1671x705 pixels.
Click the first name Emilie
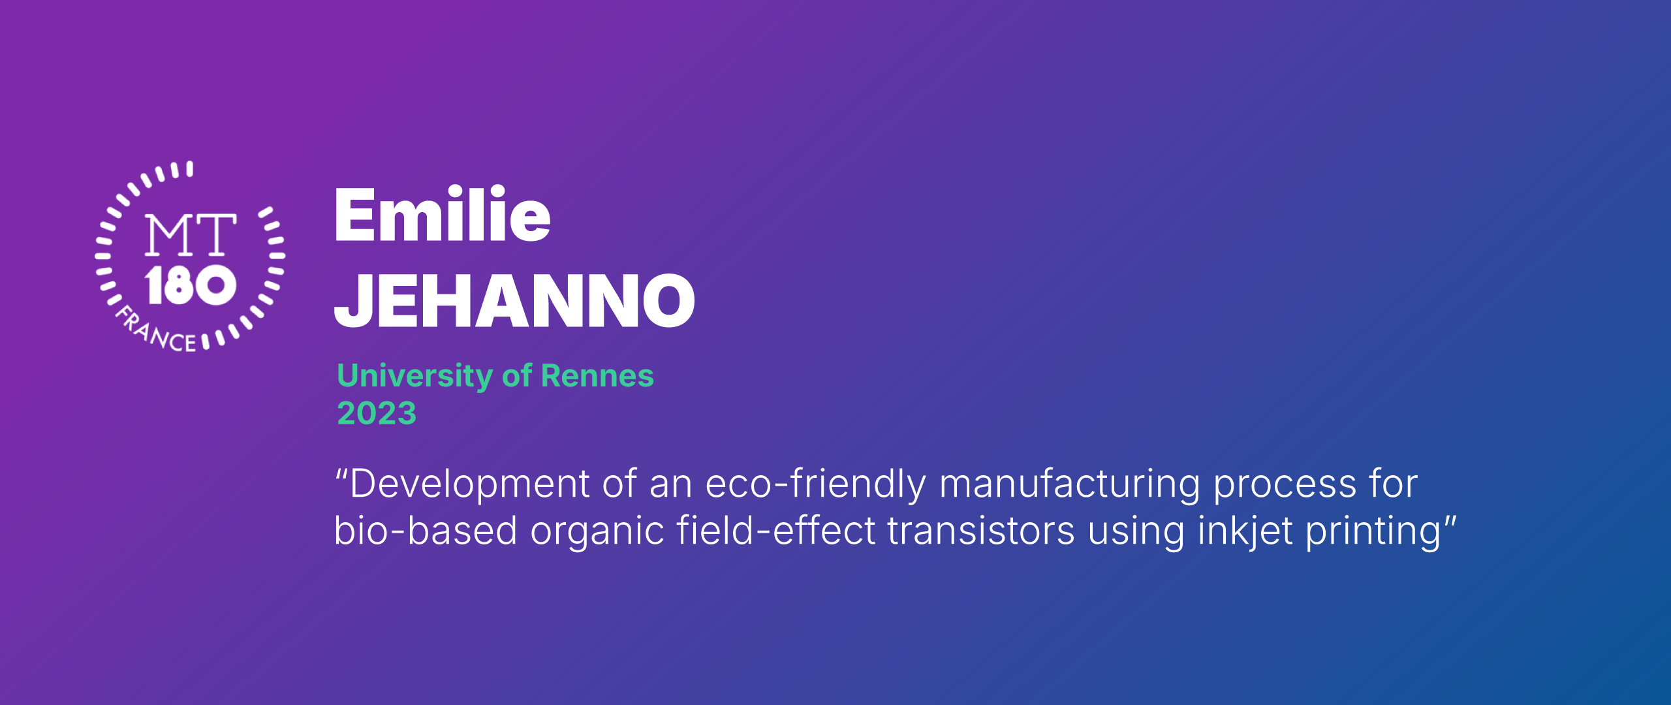pyautogui.click(x=443, y=213)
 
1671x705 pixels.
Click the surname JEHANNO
pyautogui.click(x=514, y=300)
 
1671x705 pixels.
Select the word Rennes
pyautogui.click(x=597, y=375)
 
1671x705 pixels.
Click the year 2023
pyautogui.click(x=377, y=413)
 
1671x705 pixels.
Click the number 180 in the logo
pyautogui.click(x=190, y=285)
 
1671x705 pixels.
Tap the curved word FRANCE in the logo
pyautogui.click(x=155, y=331)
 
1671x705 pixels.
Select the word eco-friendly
pyautogui.click(x=815, y=485)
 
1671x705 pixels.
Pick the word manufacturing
pyautogui.click(x=1069, y=485)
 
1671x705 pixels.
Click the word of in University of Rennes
pyautogui.click(x=517, y=375)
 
